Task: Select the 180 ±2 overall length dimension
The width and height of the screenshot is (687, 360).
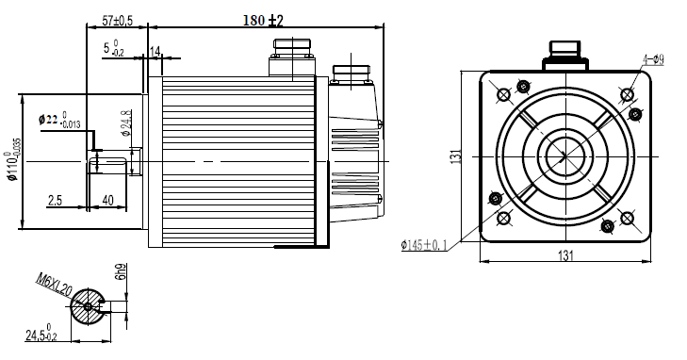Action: point(263,20)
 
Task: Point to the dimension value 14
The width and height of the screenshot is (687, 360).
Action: point(155,50)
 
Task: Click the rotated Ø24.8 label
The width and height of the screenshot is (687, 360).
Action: point(126,123)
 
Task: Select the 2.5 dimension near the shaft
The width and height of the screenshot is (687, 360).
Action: point(55,201)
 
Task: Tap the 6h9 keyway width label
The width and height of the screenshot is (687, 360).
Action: point(120,273)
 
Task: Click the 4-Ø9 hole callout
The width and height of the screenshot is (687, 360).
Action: point(653,59)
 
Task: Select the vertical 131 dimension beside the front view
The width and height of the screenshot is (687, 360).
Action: point(454,156)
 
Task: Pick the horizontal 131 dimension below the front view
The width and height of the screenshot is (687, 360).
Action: point(566,255)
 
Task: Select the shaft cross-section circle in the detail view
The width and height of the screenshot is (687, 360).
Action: point(89,305)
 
